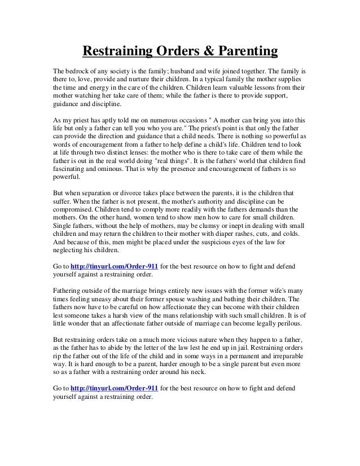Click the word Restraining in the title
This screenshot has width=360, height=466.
pyautogui.click(x=116, y=52)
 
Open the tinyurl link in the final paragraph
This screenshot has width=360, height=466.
pyautogui.click(x=116, y=389)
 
